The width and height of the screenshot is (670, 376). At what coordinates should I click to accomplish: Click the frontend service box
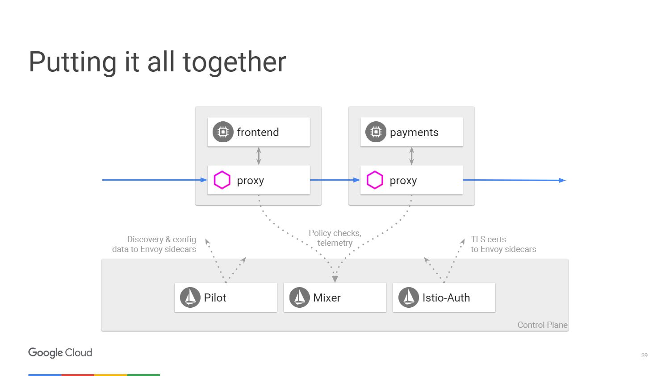point(259,132)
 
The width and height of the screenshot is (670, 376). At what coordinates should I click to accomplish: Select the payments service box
point(411,132)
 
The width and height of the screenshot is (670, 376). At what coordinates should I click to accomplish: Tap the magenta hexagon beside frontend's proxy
point(222,180)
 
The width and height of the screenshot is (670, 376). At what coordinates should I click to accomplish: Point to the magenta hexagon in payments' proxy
point(375,180)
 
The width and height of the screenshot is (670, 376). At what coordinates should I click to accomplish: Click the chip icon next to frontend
point(223,132)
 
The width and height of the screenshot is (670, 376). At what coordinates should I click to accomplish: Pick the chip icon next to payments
point(376,132)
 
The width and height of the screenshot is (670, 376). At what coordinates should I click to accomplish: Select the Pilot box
point(226,297)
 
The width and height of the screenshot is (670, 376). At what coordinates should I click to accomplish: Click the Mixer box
point(335,297)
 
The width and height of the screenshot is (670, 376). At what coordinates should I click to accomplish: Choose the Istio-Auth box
point(444,297)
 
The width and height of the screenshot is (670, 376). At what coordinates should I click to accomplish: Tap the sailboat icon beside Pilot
point(190,297)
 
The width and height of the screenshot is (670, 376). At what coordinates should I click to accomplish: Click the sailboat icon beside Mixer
point(299,297)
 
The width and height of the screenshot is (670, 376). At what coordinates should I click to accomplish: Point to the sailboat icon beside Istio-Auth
point(409,297)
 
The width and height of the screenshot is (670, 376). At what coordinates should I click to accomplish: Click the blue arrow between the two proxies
point(335,180)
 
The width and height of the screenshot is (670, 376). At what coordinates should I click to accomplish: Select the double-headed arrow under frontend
point(259,156)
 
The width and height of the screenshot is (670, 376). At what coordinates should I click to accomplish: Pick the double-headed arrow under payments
point(411,156)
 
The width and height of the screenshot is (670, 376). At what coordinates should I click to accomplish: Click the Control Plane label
point(543,325)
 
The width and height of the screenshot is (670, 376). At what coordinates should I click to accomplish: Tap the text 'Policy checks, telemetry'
point(335,238)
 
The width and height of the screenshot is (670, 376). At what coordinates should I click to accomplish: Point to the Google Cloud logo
point(60,353)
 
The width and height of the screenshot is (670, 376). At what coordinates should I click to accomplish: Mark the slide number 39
point(645,355)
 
